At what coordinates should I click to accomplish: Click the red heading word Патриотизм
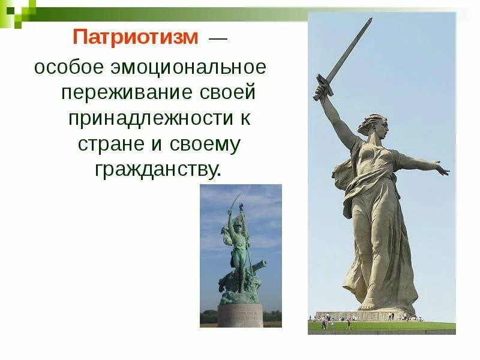pyautogui.click(x=135, y=38)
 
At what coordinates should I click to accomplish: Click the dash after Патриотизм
pyautogui.click(x=217, y=38)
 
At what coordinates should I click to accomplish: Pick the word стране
pyautogui.click(x=112, y=144)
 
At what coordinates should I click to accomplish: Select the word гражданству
pyautogui.click(x=157, y=170)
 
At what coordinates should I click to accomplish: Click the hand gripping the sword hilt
pyautogui.click(x=323, y=90)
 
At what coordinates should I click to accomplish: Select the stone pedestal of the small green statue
pyautogui.click(x=240, y=314)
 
